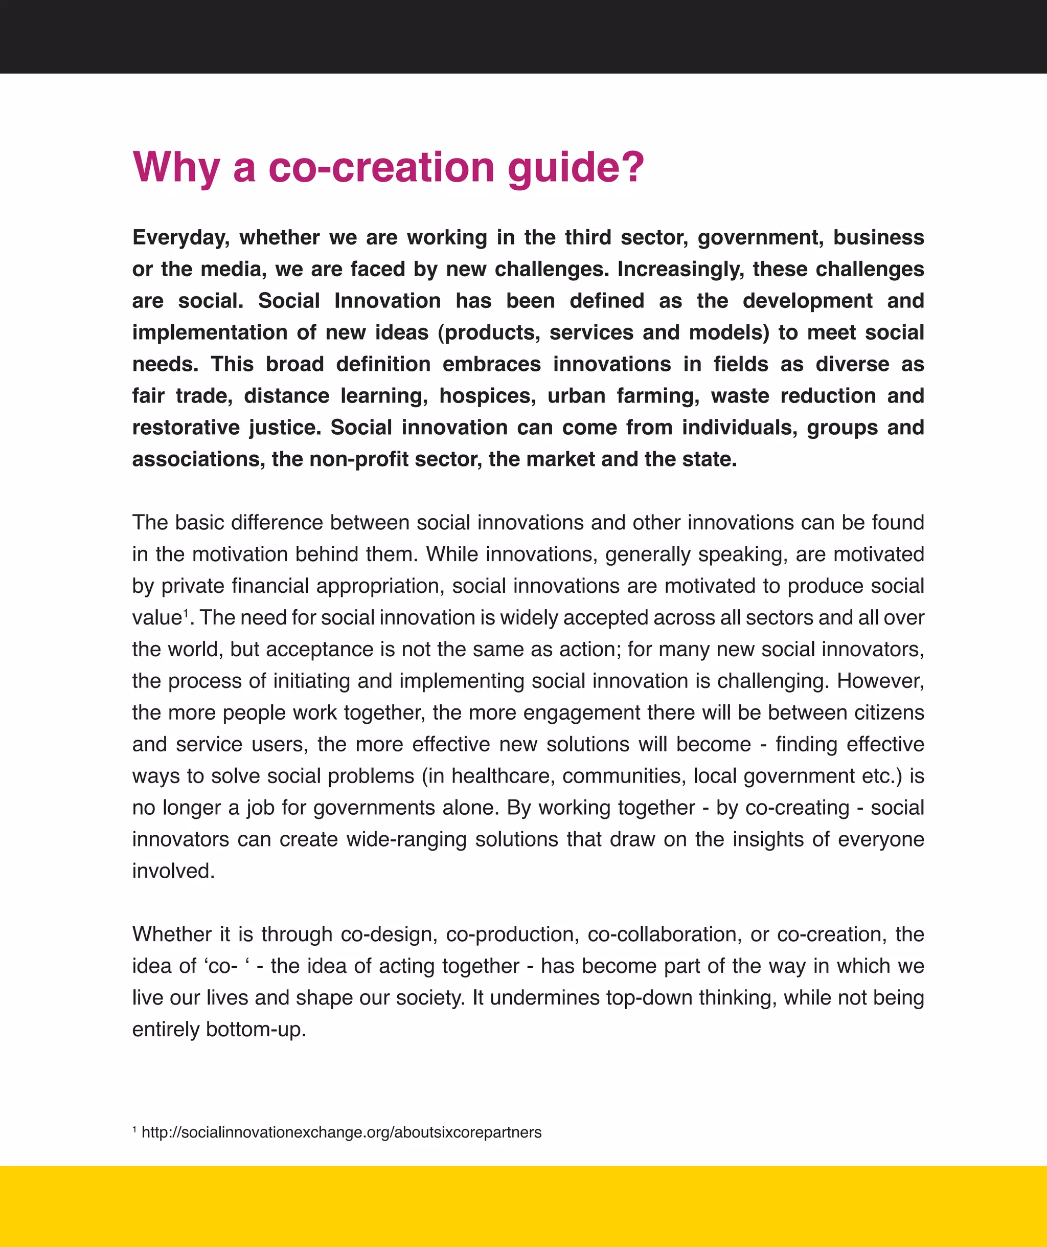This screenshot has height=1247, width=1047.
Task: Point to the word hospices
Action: click(487, 396)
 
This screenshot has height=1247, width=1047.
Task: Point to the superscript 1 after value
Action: click(186, 612)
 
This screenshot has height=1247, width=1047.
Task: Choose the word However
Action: click(880, 681)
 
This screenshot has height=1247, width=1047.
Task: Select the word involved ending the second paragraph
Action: click(172, 871)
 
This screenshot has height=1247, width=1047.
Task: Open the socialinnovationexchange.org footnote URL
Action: click(342, 1132)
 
